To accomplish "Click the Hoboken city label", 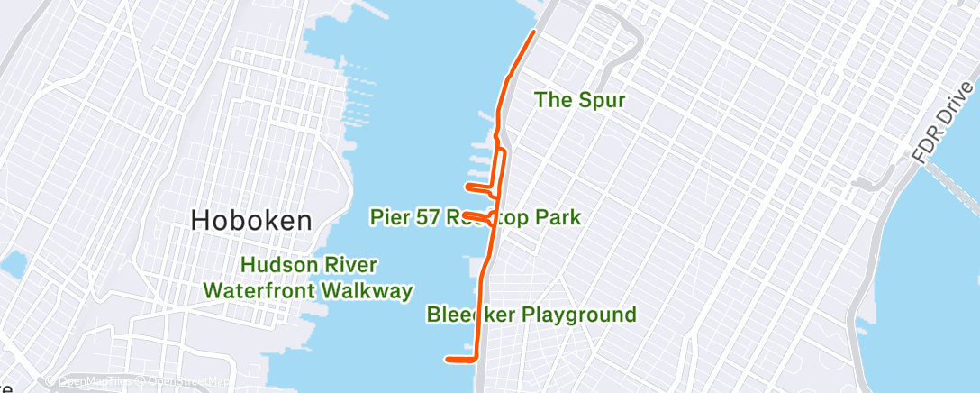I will (251, 221).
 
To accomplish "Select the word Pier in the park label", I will (389, 217).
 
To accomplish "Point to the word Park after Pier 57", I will (556, 217).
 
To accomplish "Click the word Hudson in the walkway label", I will (277, 265).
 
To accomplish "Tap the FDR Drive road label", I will (942, 121).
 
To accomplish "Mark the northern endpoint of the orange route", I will (535, 32).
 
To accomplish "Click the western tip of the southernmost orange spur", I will (448, 360).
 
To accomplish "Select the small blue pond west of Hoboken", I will (12, 265).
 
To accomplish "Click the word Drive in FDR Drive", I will (954, 105).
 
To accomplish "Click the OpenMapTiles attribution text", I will (89, 381).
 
